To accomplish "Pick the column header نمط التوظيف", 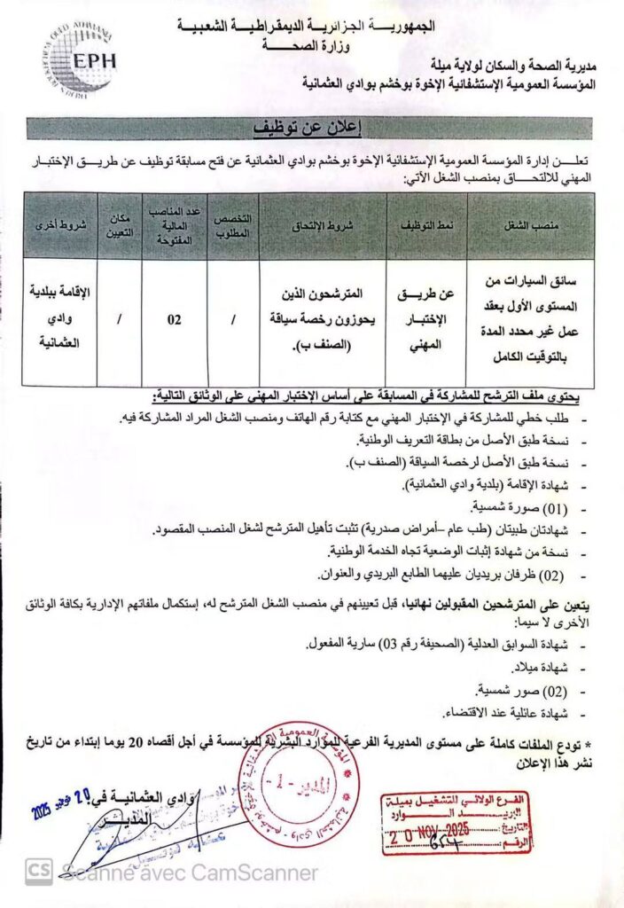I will (x=426, y=225).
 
